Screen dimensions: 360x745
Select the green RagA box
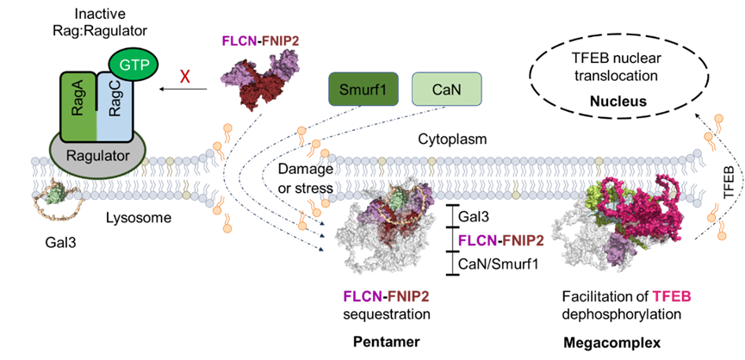tap(78, 106)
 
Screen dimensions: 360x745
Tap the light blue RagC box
tap(114, 108)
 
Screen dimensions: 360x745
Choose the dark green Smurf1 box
tap(363, 89)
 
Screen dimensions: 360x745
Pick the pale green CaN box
tap(446, 89)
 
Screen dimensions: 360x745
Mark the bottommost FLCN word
tap(363, 297)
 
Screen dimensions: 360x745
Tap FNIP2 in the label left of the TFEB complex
tap(523, 240)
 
